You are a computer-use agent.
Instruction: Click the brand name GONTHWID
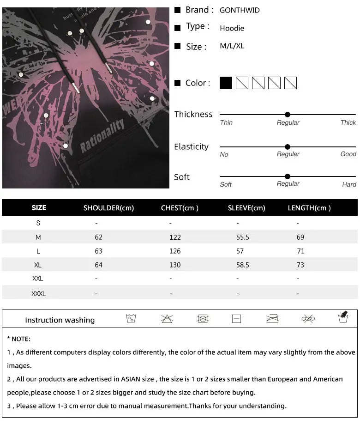point(240,10)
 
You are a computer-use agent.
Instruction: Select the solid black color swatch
point(226,83)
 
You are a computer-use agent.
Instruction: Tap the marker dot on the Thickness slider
point(288,115)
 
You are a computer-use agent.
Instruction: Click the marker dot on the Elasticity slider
point(288,147)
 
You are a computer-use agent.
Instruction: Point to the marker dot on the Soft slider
point(288,176)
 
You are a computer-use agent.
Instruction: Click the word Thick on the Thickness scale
point(348,123)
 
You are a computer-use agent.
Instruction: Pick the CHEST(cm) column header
point(180,208)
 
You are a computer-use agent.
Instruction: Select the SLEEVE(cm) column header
point(246,208)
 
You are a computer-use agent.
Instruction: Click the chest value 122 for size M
point(175,237)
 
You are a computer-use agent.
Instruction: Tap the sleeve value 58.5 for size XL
point(243,265)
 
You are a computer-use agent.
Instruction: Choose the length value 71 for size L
point(300,251)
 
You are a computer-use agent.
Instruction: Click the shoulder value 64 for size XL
point(98,265)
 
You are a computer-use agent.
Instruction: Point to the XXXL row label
point(38,294)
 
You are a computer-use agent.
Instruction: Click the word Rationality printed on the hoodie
point(102,136)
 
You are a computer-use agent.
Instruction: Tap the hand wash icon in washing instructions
point(343,317)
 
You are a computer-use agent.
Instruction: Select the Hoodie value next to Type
point(232,29)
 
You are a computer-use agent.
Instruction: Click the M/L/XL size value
point(232,46)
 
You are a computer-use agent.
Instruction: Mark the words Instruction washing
point(60,320)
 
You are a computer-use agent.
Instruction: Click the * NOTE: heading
point(19,339)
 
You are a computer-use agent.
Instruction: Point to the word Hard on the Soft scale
point(349,185)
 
